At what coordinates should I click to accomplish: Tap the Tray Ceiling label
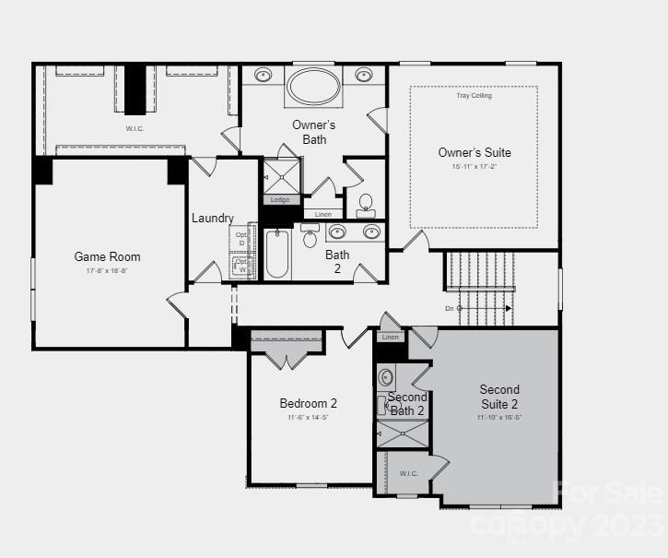click(474, 96)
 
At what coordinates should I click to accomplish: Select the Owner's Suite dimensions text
click(474, 167)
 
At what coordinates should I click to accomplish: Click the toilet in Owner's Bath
click(365, 204)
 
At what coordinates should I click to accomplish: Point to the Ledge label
click(280, 199)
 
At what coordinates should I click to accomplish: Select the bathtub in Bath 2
click(277, 254)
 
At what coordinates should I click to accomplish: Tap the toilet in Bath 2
click(310, 238)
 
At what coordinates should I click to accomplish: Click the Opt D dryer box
click(242, 238)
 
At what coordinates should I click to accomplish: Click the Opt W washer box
click(242, 266)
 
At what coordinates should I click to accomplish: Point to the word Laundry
click(212, 219)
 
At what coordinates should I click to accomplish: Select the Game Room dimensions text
click(107, 271)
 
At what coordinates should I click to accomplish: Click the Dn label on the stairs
click(450, 308)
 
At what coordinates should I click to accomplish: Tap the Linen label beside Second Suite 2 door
click(391, 338)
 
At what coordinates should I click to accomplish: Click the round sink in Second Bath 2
click(386, 376)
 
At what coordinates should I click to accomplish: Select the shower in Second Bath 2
click(403, 433)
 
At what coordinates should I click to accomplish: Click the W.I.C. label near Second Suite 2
click(408, 473)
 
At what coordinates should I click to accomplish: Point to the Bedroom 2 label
click(308, 403)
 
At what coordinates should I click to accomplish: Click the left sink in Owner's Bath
click(263, 75)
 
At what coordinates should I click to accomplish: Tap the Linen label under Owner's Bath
click(322, 214)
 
